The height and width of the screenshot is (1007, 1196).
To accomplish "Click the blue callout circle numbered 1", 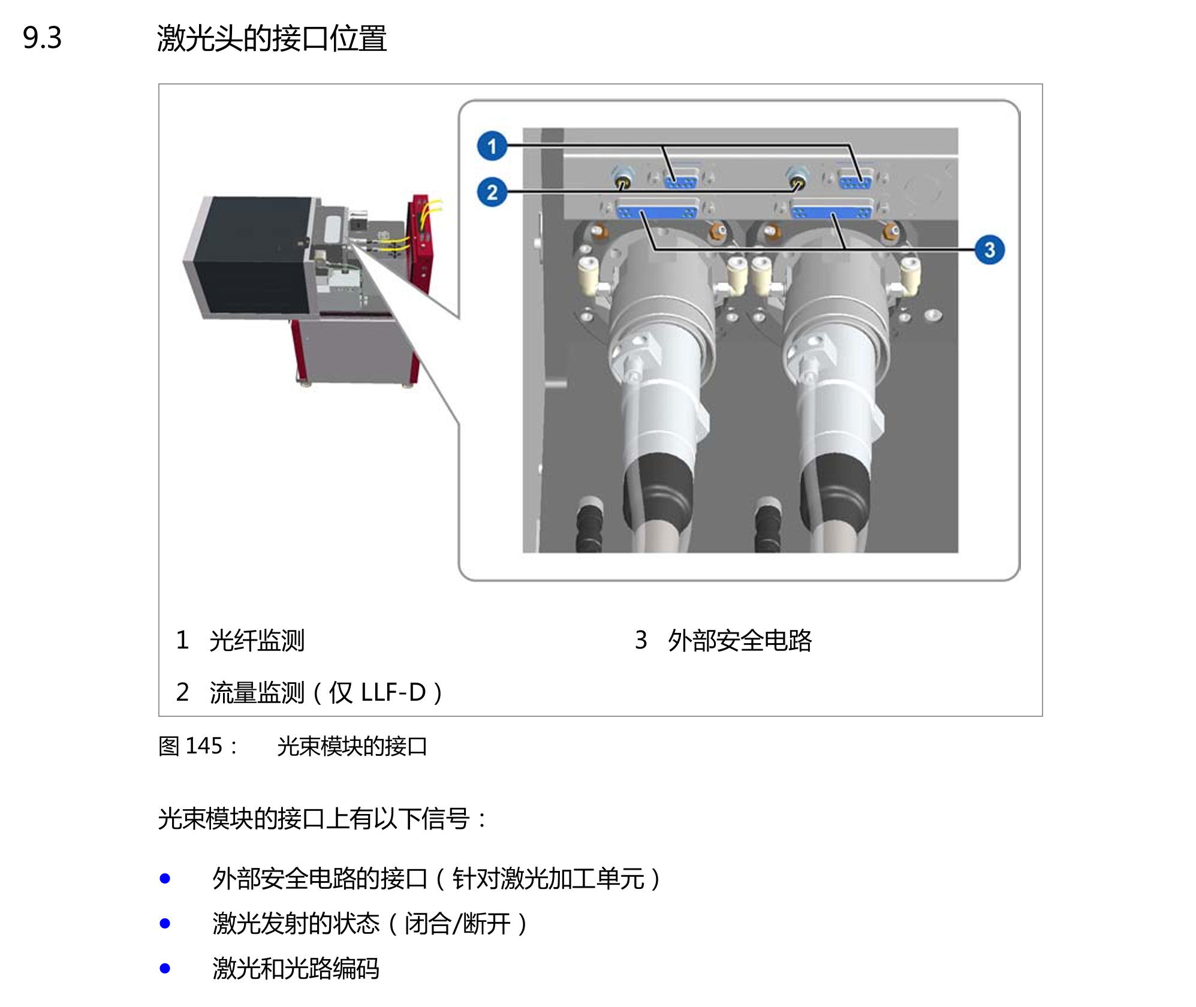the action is tap(492, 146).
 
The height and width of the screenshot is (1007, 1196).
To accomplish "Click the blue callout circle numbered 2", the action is tap(492, 192).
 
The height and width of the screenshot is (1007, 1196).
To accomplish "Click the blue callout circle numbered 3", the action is tap(989, 250).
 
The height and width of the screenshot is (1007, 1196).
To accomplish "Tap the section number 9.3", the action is tap(42, 38).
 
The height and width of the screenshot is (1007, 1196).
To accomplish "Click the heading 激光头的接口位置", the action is tap(272, 38).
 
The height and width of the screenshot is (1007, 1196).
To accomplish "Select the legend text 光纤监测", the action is tap(257, 640).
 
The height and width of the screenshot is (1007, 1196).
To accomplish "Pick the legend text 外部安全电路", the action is tap(740, 640).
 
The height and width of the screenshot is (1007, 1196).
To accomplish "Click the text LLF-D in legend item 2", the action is tap(393, 692).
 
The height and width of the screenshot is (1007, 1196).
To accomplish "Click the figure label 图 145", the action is tap(191, 746).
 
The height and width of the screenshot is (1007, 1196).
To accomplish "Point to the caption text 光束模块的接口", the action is tap(352, 746).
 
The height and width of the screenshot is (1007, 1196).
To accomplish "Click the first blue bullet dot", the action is tap(165, 879).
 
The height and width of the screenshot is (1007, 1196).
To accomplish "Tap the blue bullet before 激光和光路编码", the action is tap(165, 968).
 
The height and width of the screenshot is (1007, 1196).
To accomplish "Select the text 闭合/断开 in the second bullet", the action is tap(457, 924).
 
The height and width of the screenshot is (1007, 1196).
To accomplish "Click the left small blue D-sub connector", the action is tap(681, 178).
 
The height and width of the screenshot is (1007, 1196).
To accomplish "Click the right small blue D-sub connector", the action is tap(855, 178).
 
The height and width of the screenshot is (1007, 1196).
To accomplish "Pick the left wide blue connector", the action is tap(657, 211).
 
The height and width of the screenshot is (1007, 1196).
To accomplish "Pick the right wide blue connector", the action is tap(831, 211).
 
